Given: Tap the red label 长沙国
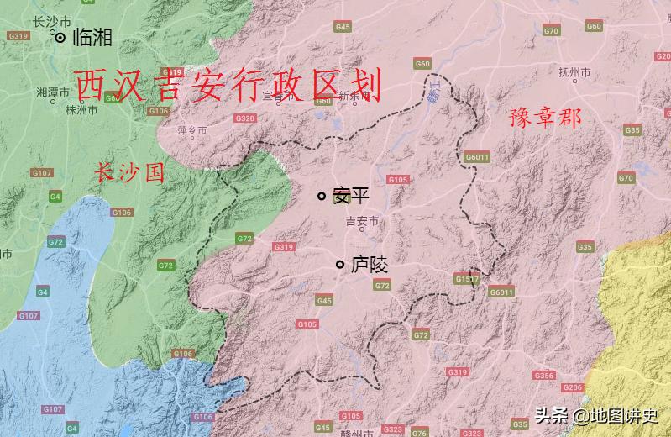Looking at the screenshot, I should pyautogui.click(x=128, y=173).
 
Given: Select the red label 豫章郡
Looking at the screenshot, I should pyautogui.click(x=545, y=118).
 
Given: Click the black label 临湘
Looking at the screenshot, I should pyautogui.click(x=92, y=37).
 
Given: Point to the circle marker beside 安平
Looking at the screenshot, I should pyautogui.click(x=321, y=196).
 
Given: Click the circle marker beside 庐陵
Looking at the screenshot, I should pyautogui.click(x=340, y=265).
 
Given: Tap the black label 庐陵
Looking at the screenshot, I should pyautogui.click(x=369, y=265).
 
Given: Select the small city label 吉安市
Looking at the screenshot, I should pyautogui.click(x=362, y=221).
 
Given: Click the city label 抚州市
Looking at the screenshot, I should pyautogui.click(x=575, y=72).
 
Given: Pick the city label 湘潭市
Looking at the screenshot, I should pyautogui.click(x=52, y=92).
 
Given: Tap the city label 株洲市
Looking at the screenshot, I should pyautogui.click(x=82, y=109).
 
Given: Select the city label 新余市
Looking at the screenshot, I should pyautogui.click(x=354, y=96).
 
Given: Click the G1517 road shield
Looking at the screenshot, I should pyautogui.click(x=466, y=278).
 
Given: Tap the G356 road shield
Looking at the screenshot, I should pyautogui.click(x=543, y=376).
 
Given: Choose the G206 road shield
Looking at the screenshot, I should pyautogui.click(x=573, y=387).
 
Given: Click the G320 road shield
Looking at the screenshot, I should pyautogui.click(x=244, y=118).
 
